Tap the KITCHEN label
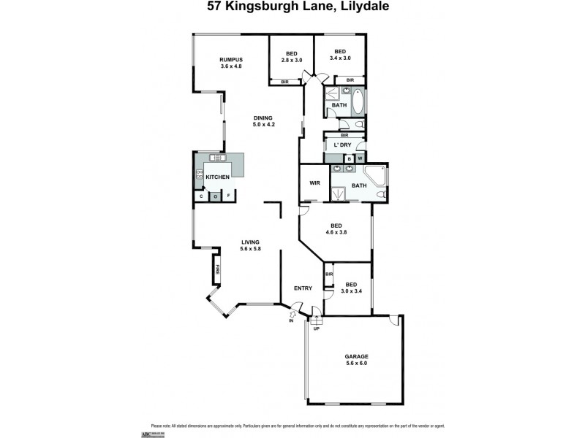[218, 177]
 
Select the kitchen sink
[217, 158]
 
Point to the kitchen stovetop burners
[198, 174]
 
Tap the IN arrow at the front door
[292, 313]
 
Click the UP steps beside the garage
[316, 321]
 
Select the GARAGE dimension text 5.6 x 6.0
[356, 364]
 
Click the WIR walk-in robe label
[315, 183]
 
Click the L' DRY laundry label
[342, 145]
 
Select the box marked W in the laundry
[360, 158]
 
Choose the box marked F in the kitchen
[228, 196]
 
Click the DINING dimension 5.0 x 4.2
[263, 125]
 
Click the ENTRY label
[303, 288]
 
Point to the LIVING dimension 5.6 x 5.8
[250, 249]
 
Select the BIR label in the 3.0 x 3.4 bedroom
[329, 274]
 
